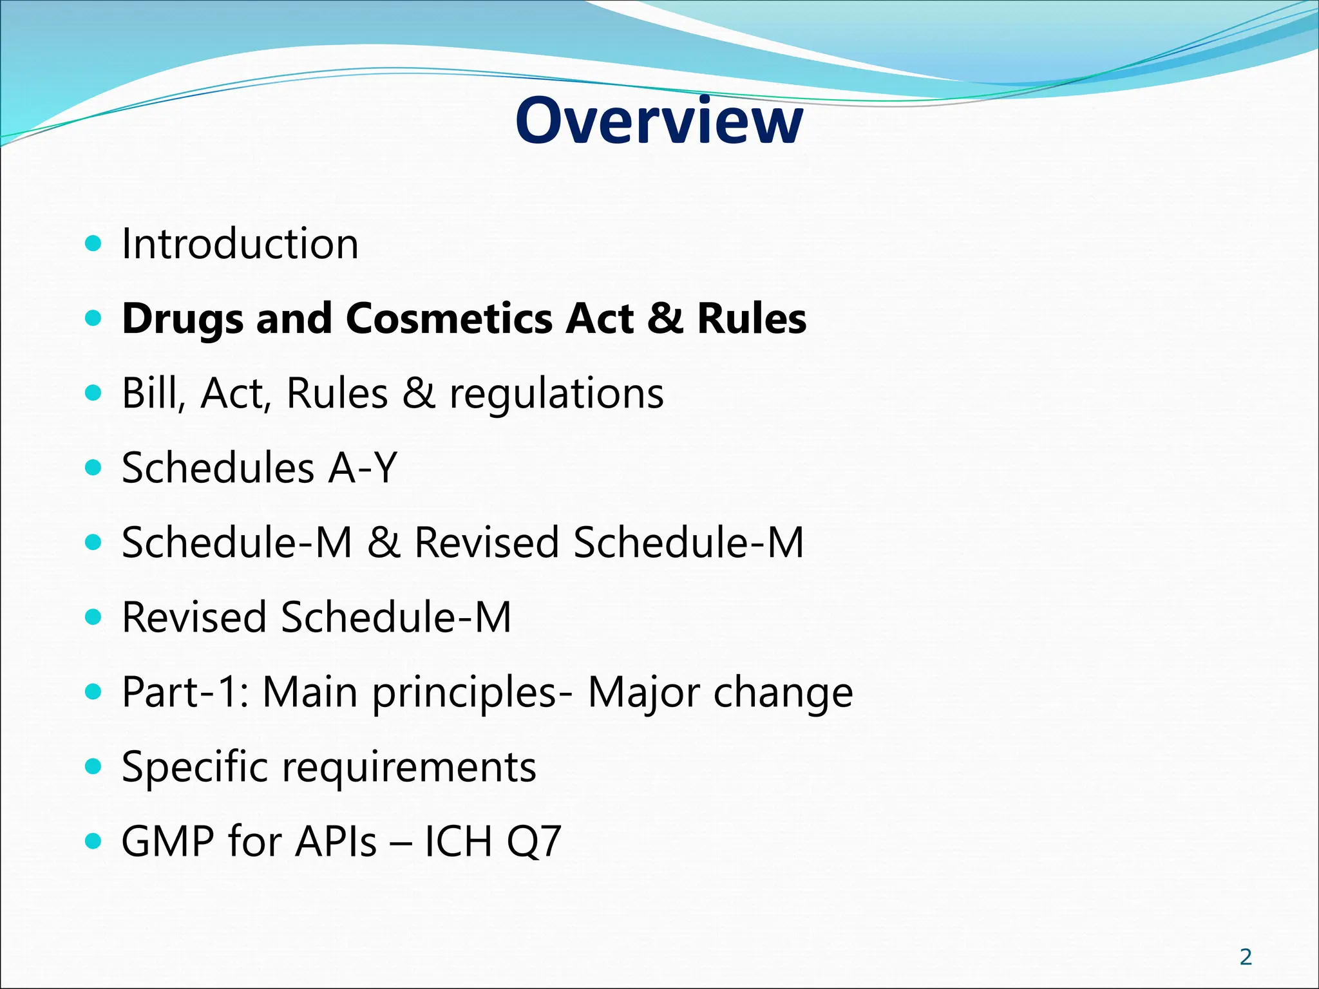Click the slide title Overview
(659, 121)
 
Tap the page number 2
(1246, 957)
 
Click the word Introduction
(240, 244)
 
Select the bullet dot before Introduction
(94, 243)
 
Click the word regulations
(556, 394)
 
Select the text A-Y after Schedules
(362, 468)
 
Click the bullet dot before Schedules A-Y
(94, 467)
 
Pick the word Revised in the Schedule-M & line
(486, 542)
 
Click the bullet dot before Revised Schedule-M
(94, 617)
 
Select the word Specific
(195, 768)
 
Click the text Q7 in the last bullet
(534, 842)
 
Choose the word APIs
(336, 842)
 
